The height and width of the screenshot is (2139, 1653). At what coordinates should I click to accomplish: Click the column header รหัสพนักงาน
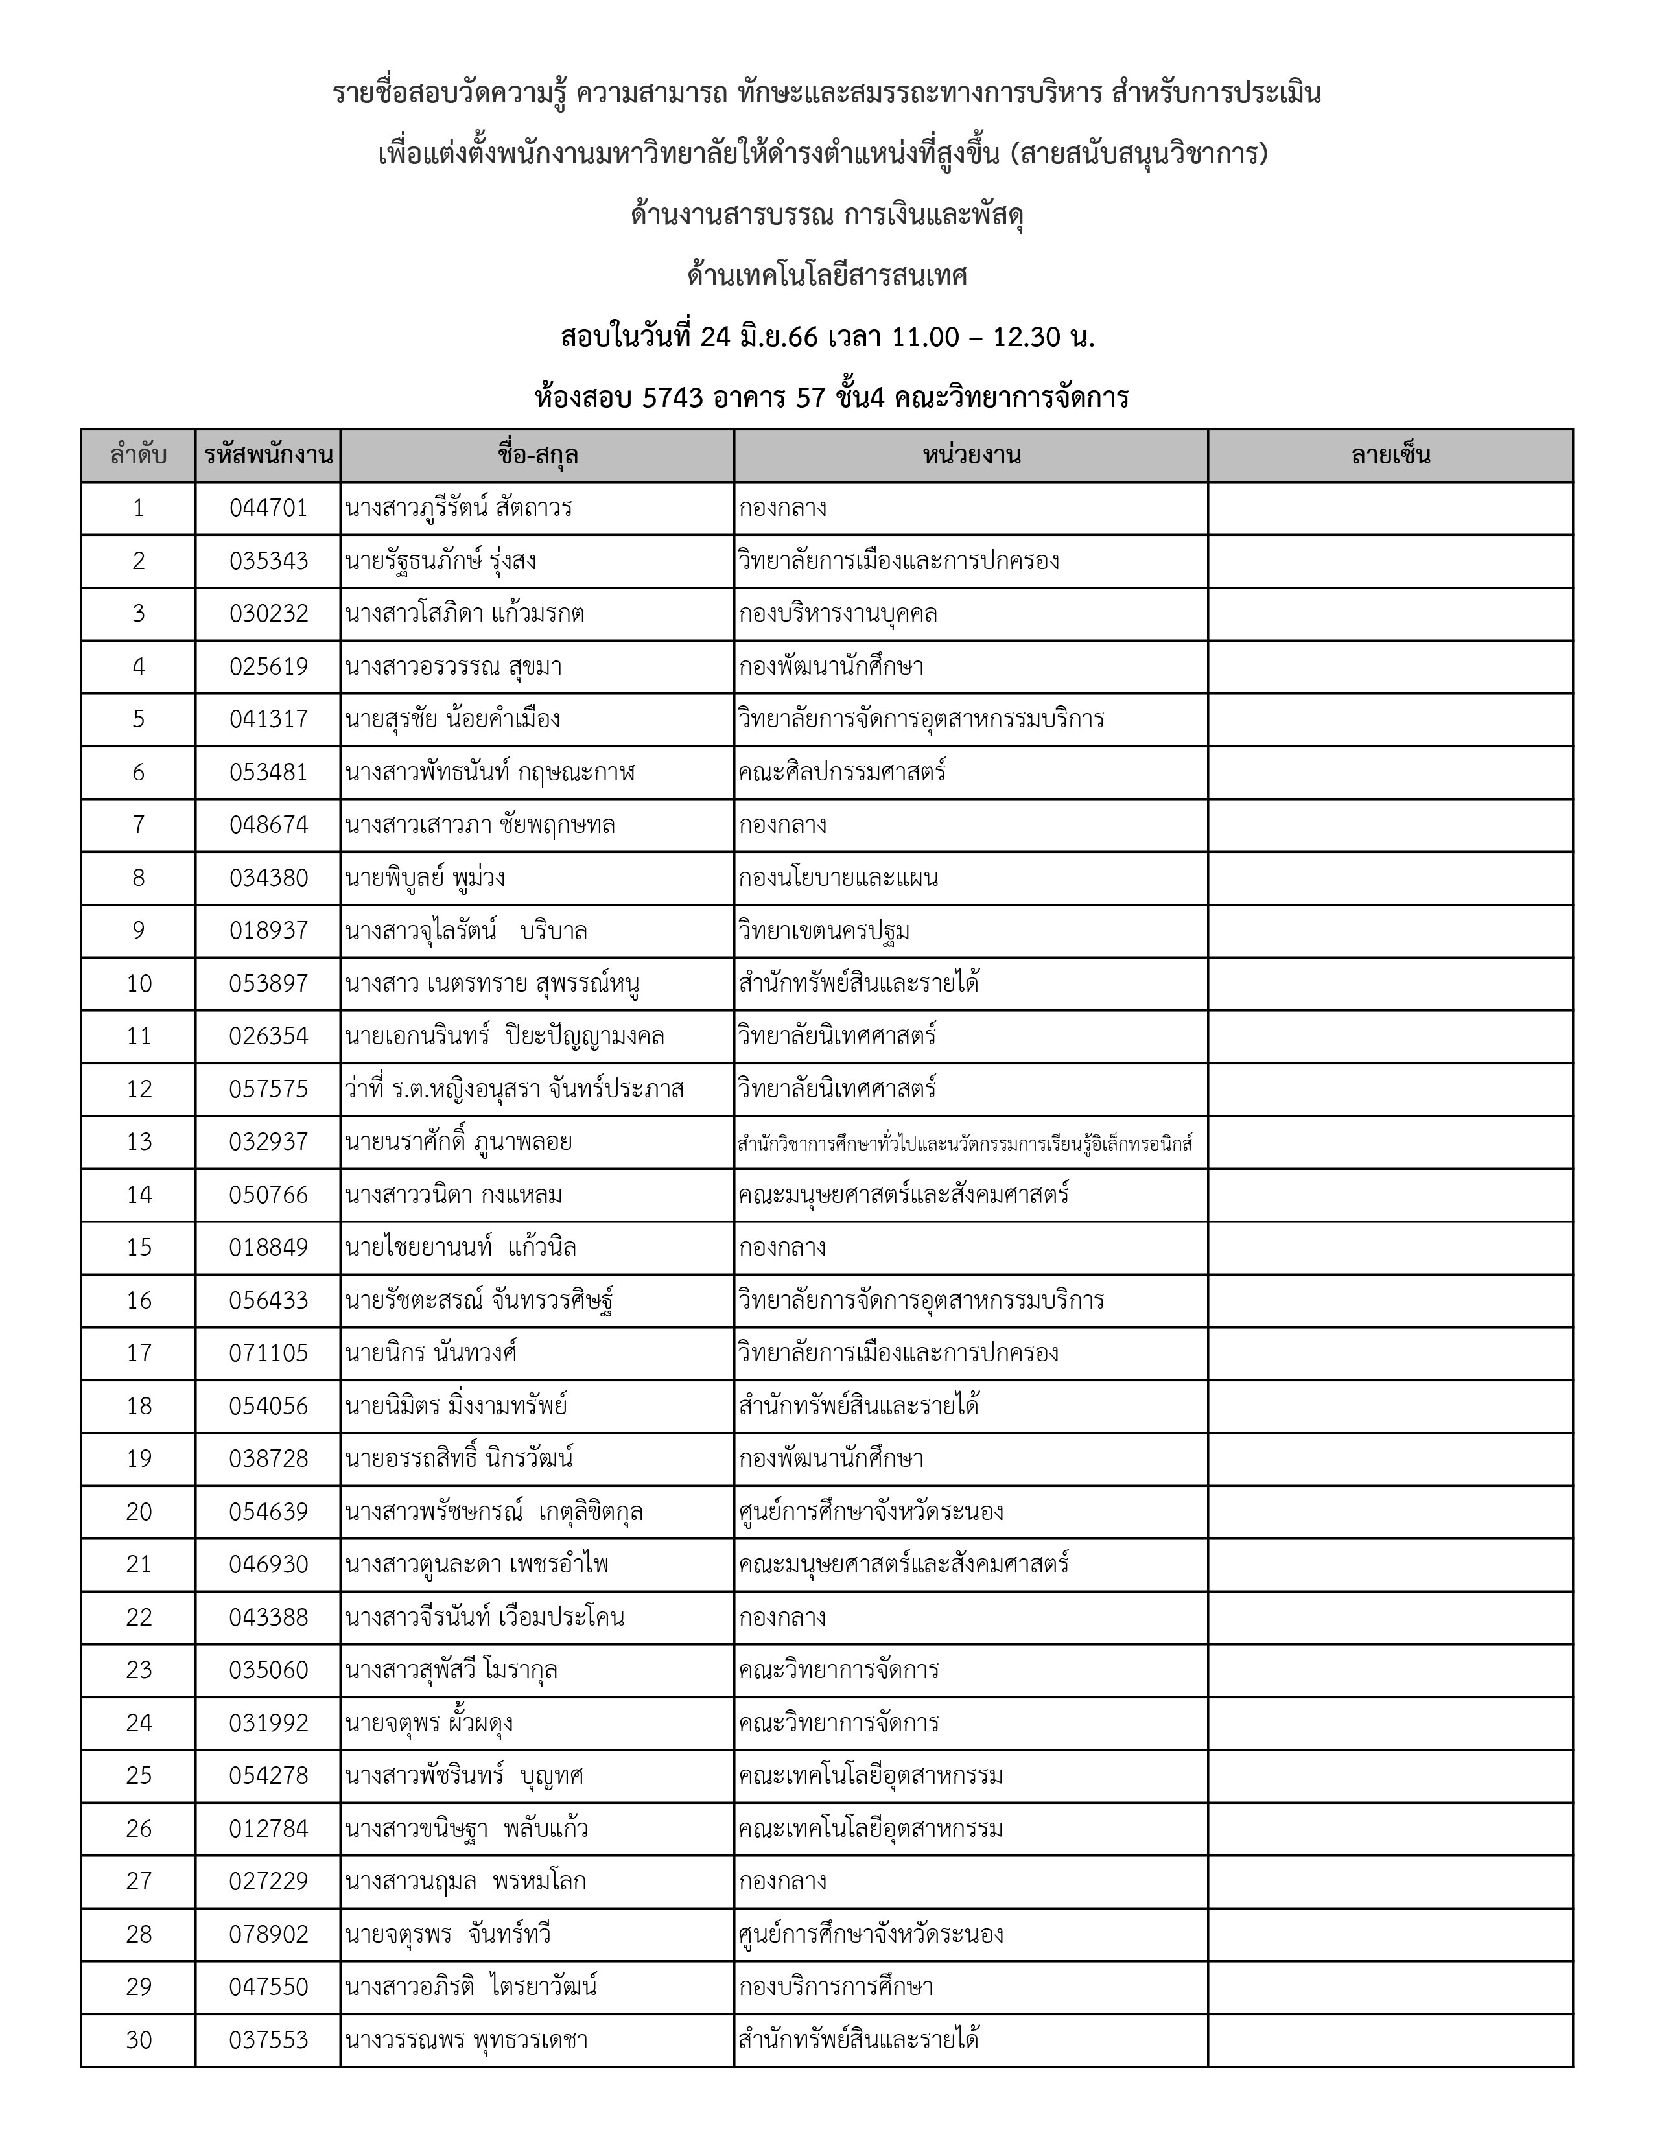(x=268, y=456)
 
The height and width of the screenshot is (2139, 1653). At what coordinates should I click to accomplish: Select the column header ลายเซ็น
(x=1390, y=456)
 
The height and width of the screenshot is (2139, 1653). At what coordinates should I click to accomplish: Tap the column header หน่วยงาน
(x=970, y=456)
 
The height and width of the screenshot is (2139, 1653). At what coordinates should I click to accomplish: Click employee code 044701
(x=268, y=508)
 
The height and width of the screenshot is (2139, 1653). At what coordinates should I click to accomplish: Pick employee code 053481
(x=268, y=773)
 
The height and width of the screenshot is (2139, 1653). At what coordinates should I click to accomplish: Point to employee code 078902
(x=268, y=1934)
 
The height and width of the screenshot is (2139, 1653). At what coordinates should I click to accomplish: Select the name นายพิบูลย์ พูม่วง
(x=425, y=878)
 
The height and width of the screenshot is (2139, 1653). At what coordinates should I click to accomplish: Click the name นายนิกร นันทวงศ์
(x=431, y=1353)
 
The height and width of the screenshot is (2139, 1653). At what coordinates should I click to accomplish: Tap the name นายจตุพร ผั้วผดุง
(x=429, y=1723)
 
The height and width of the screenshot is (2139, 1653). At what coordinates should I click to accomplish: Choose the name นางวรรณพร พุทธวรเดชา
(x=466, y=2040)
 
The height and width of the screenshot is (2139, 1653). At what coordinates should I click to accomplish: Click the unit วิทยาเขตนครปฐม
(x=825, y=930)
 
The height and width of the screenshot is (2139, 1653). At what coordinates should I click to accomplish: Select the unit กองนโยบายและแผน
(x=838, y=878)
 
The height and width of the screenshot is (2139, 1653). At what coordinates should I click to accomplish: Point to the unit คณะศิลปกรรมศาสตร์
(x=842, y=773)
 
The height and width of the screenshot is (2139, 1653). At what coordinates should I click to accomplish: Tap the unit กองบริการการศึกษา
(x=836, y=1987)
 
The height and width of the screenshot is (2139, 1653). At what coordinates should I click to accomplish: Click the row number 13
(x=139, y=1142)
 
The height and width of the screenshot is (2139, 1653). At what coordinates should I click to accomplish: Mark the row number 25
(x=139, y=1775)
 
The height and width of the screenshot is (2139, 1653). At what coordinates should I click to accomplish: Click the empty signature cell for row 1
(x=1390, y=508)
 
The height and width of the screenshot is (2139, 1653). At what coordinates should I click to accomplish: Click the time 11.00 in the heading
(x=924, y=338)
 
